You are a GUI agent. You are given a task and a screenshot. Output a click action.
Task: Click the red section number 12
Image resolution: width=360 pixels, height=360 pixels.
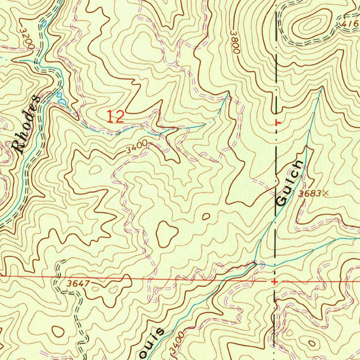116,116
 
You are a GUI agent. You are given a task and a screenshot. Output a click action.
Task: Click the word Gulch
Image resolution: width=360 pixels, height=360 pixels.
289,183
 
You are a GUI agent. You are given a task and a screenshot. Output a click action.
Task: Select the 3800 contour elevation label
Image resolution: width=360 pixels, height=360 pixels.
234,41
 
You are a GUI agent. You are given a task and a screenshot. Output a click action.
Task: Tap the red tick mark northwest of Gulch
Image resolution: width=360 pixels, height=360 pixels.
277,123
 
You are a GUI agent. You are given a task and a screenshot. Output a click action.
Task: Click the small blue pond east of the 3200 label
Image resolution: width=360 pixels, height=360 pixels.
44,24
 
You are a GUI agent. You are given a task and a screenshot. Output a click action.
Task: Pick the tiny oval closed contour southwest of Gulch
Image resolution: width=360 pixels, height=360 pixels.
206,216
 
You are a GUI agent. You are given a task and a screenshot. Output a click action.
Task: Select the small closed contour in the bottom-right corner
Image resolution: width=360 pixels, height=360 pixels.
311,343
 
